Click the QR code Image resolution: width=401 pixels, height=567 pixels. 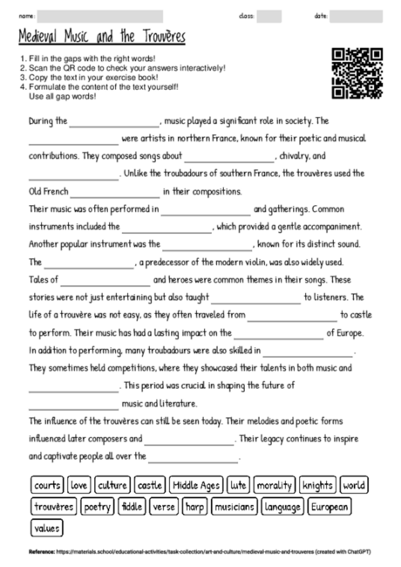pyautogui.click(x=357, y=73)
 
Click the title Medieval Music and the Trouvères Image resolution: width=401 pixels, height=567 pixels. pyautogui.click(x=101, y=38)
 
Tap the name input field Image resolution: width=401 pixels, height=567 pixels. pyautogui.click(x=100, y=16)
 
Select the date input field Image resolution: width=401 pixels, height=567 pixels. pyautogui.click(x=356, y=16)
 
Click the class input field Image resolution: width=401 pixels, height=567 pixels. pyautogui.click(x=269, y=16)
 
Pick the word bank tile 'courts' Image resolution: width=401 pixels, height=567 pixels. pyautogui.click(x=48, y=484)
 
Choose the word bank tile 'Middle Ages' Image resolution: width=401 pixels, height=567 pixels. pyautogui.click(x=196, y=484)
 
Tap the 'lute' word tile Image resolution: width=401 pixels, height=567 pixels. pyautogui.click(x=238, y=484)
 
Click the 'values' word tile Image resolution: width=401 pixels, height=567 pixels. pyautogui.click(x=46, y=527)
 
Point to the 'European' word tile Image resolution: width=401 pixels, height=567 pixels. pyautogui.click(x=330, y=506)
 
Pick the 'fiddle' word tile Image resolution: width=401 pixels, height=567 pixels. pyautogui.click(x=132, y=506)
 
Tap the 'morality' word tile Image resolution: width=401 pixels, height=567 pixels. pyautogui.click(x=275, y=484)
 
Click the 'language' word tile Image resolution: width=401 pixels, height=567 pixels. pyautogui.click(x=282, y=506)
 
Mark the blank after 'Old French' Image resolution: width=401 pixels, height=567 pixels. pyautogui.click(x=116, y=191)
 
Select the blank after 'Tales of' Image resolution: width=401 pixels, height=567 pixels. pyautogui.click(x=105, y=281)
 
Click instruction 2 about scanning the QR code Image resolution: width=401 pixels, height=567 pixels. pyautogui.click(x=125, y=67)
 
